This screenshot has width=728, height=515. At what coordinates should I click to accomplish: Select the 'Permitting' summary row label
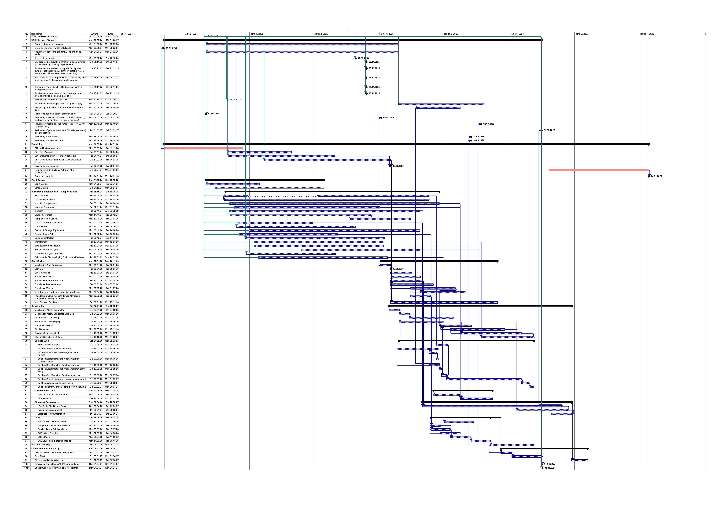click(x=37, y=144)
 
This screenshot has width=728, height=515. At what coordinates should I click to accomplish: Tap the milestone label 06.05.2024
click(x=172, y=48)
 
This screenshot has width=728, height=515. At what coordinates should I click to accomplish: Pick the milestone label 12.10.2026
click(x=489, y=124)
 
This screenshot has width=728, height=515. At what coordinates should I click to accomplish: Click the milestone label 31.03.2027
click(x=549, y=130)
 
